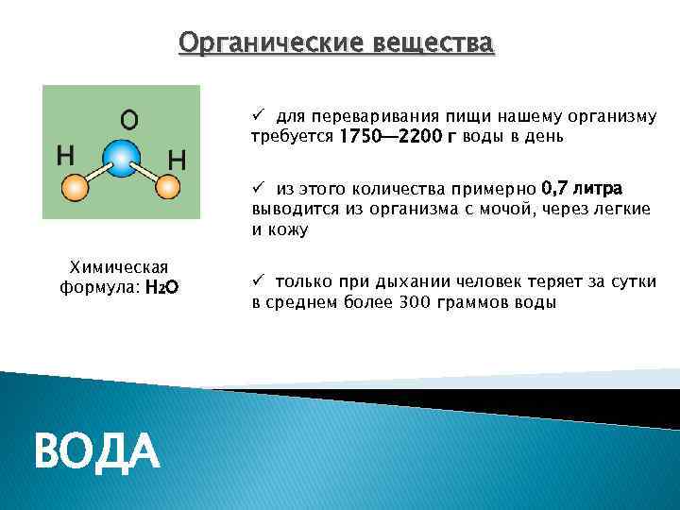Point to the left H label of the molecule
tap(66, 153)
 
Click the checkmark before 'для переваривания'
tap(257, 115)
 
